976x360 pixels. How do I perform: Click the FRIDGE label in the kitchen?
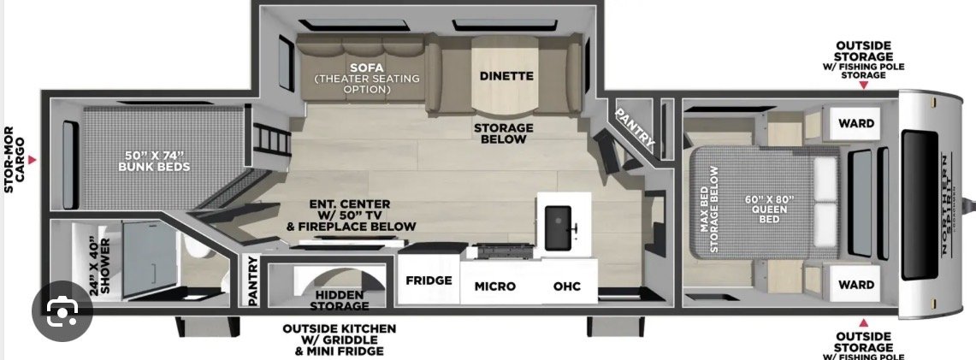pos(429,280)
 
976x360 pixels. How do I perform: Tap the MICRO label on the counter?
pos(495,286)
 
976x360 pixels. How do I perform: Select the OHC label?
pos(567,286)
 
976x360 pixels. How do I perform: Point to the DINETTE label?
pos(506,76)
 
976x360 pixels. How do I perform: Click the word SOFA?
pos(367,68)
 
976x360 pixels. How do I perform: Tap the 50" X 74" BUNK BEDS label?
pos(154,161)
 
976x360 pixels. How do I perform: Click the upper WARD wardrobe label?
pos(856,123)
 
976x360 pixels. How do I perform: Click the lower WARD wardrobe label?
pos(856,285)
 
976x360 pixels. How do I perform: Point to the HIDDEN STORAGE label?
pos(340,300)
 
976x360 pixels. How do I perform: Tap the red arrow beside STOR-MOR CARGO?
pos(33,161)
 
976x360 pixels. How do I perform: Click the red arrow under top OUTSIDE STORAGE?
pos(863,86)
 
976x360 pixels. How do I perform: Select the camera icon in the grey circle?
pos(62,310)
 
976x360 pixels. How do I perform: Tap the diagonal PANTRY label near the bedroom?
pos(635,129)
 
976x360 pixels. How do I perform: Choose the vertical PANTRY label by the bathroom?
pos(253,281)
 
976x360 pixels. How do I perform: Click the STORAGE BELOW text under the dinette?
pos(504,133)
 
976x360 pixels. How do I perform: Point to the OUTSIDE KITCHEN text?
pos(340,328)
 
